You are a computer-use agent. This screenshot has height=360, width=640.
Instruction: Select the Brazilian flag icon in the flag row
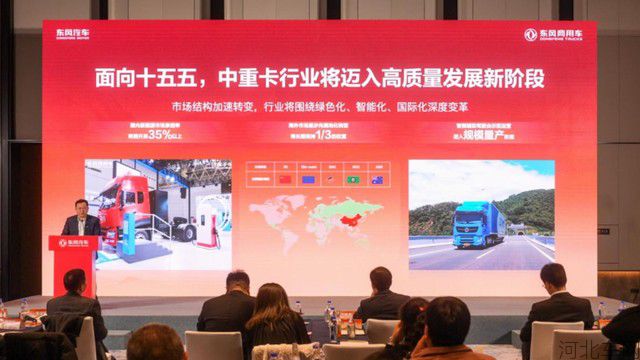click(353, 179)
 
